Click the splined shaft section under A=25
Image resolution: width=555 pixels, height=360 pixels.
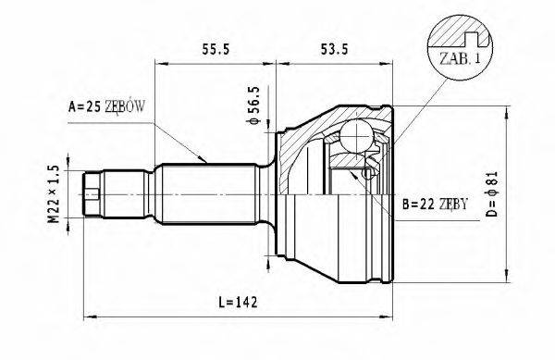203,194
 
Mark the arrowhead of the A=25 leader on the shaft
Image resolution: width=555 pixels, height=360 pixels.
205,164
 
